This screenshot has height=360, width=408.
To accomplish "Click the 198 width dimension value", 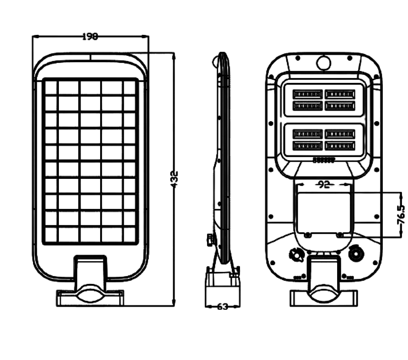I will coord(90,36).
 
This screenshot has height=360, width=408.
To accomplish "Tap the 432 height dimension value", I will coord(174,179).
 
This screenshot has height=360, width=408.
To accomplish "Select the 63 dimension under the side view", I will coord(222,306).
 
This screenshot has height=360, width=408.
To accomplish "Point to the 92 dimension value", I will coord(324,184).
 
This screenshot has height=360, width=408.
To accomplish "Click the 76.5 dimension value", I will coord(401,214).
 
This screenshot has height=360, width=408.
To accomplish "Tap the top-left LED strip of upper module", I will coord(307,94).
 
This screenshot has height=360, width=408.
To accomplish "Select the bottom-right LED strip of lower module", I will coord(340,145).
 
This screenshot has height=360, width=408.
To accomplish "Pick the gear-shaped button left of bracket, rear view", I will coord(296,255).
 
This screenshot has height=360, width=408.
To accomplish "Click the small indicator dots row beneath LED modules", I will coord(323,160).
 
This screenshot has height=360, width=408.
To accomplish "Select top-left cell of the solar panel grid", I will coord(51,88).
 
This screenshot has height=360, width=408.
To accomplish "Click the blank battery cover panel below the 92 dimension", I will coord(323,212).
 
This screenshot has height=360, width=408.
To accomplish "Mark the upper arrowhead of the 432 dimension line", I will coord(174,55).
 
